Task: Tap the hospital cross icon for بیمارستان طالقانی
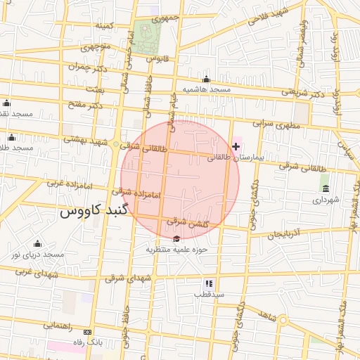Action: [x=236, y=146]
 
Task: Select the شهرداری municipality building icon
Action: [x=325, y=188]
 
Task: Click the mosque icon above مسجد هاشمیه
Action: [x=206, y=79]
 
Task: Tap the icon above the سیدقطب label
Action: [x=209, y=283]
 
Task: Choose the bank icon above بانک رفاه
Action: [x=87, y=331]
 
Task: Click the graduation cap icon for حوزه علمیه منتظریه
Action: [x=175, y=238]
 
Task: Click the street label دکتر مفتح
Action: [x=85, y=105]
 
